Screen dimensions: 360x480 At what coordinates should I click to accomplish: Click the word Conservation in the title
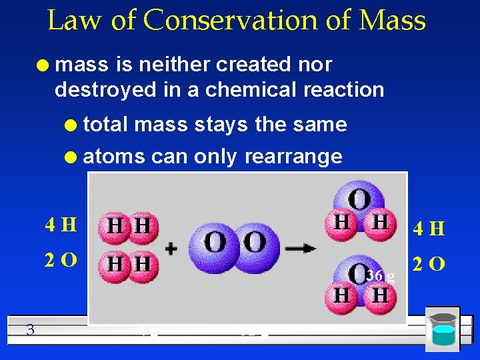coord(247,21)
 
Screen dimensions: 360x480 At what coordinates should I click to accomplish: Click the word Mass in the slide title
coord(391,21)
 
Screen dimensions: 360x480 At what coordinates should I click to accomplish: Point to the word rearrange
coord(293,157)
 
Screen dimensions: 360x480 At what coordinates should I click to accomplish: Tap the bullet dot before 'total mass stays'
coord(73,125)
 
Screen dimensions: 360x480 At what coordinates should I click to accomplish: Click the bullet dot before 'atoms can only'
coord(73,157)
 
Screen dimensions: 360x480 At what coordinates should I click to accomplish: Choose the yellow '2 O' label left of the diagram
coord(61,260)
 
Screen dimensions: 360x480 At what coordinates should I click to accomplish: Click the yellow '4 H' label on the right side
coord(429,229)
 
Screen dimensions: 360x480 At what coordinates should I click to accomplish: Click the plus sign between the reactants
coord(171,248)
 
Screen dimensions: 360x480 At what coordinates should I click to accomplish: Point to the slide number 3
coord(30,328)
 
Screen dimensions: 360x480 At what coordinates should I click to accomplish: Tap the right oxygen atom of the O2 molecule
coord(253,243)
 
